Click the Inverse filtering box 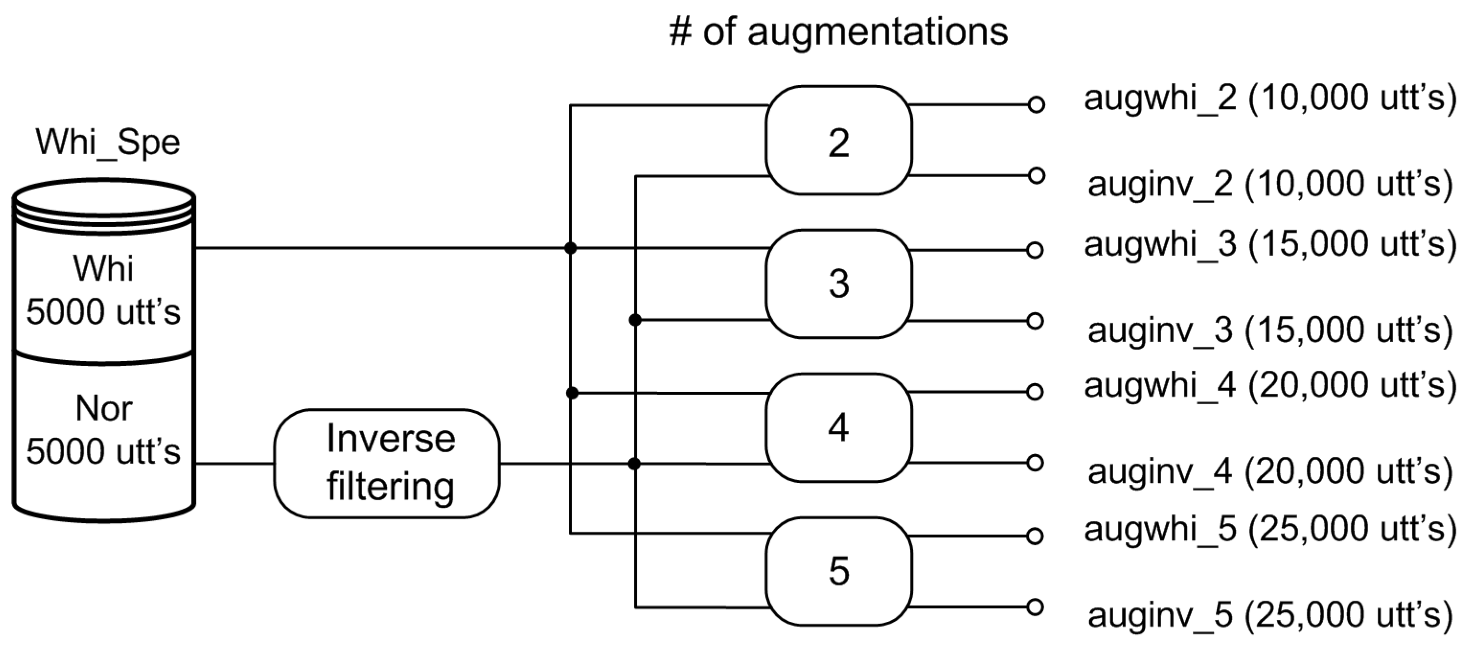click(x=387, y=463)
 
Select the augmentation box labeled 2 click(x=838, y=141)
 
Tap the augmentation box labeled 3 click(x=838, y=284)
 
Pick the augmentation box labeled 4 click(x=838, y=428)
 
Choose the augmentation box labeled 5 click(x=838, y=571)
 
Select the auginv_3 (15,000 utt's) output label click(x=1270, y=331)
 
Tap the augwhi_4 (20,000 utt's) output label click(x=1270, y=385)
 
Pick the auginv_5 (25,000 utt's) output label click(x=1270, y=615)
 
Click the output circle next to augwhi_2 click(x=1036, y=105)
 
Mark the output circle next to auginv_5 click(x=1035, y=607)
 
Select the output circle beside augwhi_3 click(x=1035, y=250)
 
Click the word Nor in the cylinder click(x=104, y=409)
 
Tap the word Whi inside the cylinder click(x=103, y=268)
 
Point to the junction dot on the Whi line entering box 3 click(x=570, y=248)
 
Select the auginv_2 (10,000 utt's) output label click(x=1270, y=185)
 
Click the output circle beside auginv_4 click(x=1035, y=463)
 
